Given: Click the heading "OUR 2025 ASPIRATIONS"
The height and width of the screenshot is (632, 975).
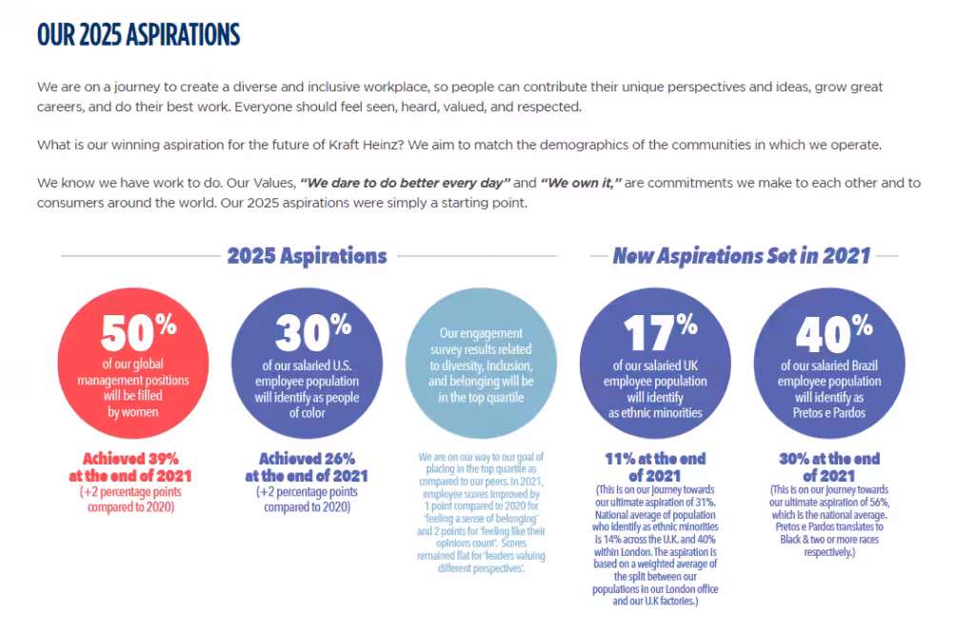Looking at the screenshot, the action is pos(138,35).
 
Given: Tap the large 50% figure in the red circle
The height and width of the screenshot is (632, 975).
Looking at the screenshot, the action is pos(139,332).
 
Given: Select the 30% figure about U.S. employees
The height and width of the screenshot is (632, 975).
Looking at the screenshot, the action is pos(313,332).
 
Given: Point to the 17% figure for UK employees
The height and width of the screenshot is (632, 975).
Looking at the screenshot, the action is pos(661,332).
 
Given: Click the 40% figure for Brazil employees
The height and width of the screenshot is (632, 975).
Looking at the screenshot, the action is pos(834,332).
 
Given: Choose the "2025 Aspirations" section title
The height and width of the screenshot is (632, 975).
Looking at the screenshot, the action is pos(307,255).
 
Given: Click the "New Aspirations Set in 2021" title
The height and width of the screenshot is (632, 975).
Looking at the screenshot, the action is pos(741,255).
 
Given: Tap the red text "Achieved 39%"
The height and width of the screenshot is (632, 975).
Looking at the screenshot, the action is pos(130,459).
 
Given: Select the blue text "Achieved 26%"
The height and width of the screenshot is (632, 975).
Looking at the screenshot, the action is pos(308,459).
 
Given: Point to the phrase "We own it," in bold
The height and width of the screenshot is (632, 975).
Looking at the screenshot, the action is pos(581,183).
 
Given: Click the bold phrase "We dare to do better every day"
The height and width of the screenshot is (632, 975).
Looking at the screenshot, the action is pos(405,183).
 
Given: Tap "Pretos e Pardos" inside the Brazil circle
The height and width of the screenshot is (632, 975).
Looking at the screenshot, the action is pos(829,413).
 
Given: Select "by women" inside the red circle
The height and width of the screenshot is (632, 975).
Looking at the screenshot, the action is pos(133,412).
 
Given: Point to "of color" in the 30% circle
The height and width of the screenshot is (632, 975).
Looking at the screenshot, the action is pos(308,413).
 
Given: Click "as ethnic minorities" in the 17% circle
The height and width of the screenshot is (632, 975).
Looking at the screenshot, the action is pos(655,413).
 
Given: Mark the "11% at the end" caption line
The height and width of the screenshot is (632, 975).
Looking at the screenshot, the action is pos(655,459).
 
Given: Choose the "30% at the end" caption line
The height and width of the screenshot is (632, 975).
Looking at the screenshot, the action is pos(829,459).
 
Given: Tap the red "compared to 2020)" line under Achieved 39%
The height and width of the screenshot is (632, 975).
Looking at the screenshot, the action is pos(130,507).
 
